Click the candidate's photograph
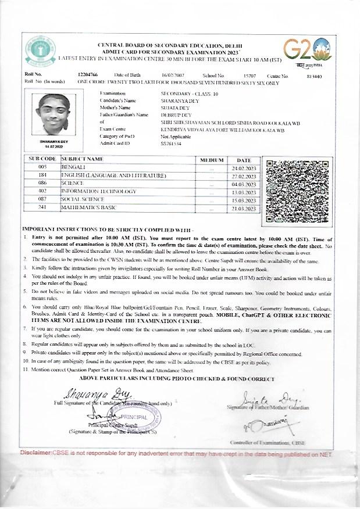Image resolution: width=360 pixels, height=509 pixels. [57, 116]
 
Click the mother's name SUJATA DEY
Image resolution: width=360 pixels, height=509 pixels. [173, 107]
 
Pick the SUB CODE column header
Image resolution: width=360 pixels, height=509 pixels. [42, 159]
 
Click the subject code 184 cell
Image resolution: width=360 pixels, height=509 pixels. [42, 174]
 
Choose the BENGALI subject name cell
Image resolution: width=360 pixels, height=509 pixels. [72, 167]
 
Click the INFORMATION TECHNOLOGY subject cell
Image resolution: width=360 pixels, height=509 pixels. [97, 191]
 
